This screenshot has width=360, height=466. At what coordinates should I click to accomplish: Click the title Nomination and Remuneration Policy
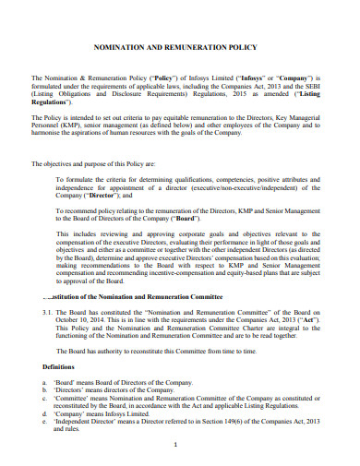pos(181,43)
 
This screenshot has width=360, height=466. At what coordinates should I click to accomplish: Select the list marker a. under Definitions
pos(45,383)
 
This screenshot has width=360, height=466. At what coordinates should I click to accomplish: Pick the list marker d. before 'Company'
pos(45,414)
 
